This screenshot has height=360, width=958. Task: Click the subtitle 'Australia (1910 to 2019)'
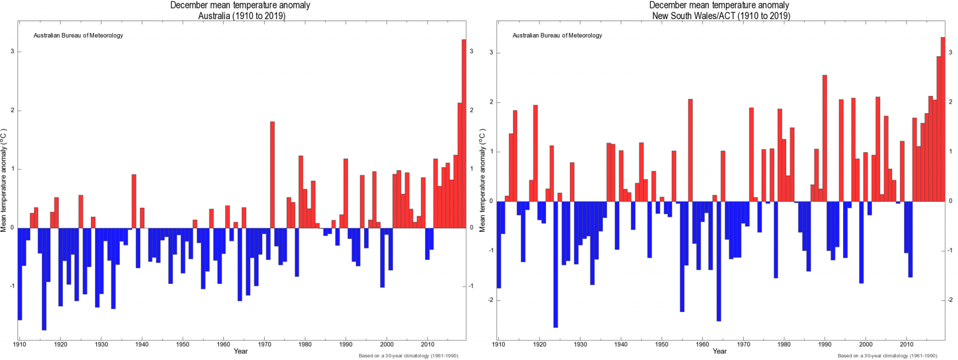click(x=241, y=16)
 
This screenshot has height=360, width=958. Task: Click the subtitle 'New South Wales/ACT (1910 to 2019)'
click(x=721, y=16)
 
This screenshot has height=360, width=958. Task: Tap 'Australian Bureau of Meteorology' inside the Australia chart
click(x=78, y=35)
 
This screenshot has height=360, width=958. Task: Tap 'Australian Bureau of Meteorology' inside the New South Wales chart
click(x=557, y=35)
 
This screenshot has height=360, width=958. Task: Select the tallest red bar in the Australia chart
click(x=463, y=132)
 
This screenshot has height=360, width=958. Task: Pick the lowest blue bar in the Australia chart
click(x=44, y=279)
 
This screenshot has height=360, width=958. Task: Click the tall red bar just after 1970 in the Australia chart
click(x=272, y=174)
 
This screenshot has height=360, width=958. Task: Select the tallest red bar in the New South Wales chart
click(x=943, y=120)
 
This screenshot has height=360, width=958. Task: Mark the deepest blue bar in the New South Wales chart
click(x=556, y=264)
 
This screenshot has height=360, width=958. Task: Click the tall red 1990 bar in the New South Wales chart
click(x=824, y=138)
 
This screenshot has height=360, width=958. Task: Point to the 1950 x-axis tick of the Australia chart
click(x=183, y=344)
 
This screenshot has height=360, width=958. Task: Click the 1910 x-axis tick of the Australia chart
click(x=20, y=344)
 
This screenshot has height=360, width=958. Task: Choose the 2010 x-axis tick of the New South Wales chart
click(x=907, y=344)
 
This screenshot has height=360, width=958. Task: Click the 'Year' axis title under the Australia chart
click(x=241, y=351)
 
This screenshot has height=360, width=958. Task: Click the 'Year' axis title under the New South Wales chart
click(x=720, y=351)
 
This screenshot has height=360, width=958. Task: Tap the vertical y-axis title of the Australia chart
click(x=4, y=180)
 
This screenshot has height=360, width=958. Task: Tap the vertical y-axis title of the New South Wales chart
click(x=483, y=180)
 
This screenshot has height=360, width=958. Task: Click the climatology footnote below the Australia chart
click(x=408, y=356)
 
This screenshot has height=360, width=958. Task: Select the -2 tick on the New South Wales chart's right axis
click(x=950, y=300)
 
